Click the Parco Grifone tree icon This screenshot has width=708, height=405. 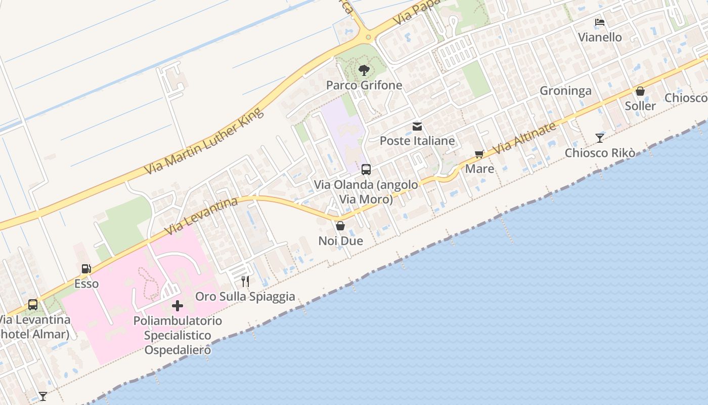pos(364,70)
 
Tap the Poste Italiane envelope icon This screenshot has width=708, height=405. pos(417,127)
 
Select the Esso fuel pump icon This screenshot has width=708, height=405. pos(86,269)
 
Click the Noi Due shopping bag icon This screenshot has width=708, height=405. pos(340,226)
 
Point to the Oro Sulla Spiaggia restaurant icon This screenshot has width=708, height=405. pos(245,281)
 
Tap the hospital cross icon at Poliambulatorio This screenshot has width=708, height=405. pos(178,306)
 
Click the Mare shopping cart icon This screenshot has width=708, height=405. pos(479,154)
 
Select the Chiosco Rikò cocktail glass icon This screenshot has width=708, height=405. pos(599,138)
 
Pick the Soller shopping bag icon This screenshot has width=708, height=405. pos(640,91)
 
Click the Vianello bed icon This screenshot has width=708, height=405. pos(600,22)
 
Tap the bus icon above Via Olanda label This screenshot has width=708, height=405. pos(366,170)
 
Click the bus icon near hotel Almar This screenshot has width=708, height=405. pos(33,305)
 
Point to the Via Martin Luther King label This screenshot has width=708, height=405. pos(204,142)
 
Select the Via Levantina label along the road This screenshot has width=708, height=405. pos(201,216)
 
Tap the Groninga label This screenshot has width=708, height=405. pos(565,91)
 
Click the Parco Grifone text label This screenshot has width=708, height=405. pos(364,85)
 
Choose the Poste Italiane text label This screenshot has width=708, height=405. pos(417,141)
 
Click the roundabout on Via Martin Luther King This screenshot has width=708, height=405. pos(368,37)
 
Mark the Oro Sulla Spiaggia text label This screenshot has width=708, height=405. pos(245,297)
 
